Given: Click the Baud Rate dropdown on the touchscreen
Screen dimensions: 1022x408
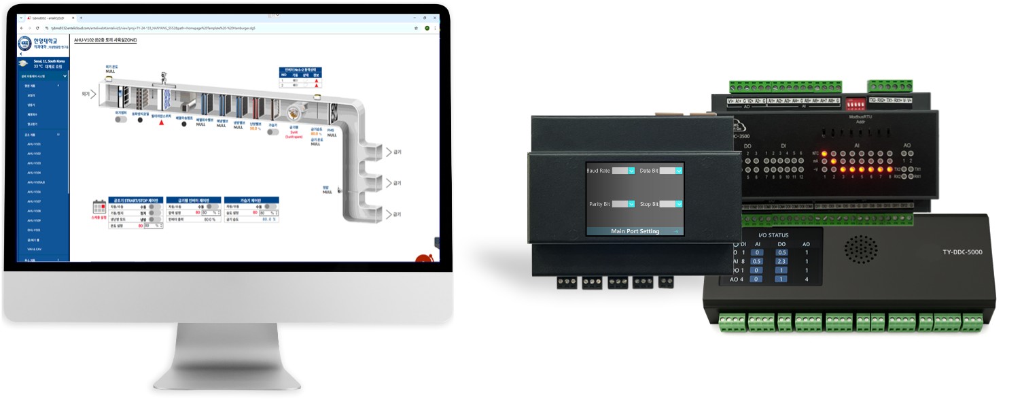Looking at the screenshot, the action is [623, 171].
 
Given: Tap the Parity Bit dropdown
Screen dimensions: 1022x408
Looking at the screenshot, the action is [623, 203].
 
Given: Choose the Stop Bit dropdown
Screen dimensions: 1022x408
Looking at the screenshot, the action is [671, 203].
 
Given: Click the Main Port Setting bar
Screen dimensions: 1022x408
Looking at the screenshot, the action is [635, 231].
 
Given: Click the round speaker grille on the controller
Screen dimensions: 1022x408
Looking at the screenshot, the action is [863, 250].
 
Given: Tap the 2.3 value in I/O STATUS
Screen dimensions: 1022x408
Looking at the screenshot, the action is [781, 261].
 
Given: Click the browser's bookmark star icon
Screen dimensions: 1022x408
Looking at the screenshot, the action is [416, 28].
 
